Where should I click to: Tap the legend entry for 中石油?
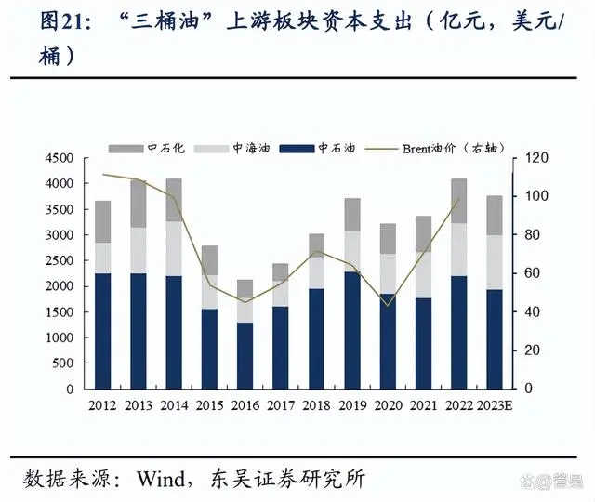point(328,148)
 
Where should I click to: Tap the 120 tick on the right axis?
point(534,159)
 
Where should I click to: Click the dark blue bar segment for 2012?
point(103,330)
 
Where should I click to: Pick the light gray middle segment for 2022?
point(459,249)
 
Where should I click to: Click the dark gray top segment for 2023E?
point(496,215)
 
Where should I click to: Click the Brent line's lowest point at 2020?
point(388,305)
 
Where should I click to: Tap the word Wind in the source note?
point(165,479)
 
